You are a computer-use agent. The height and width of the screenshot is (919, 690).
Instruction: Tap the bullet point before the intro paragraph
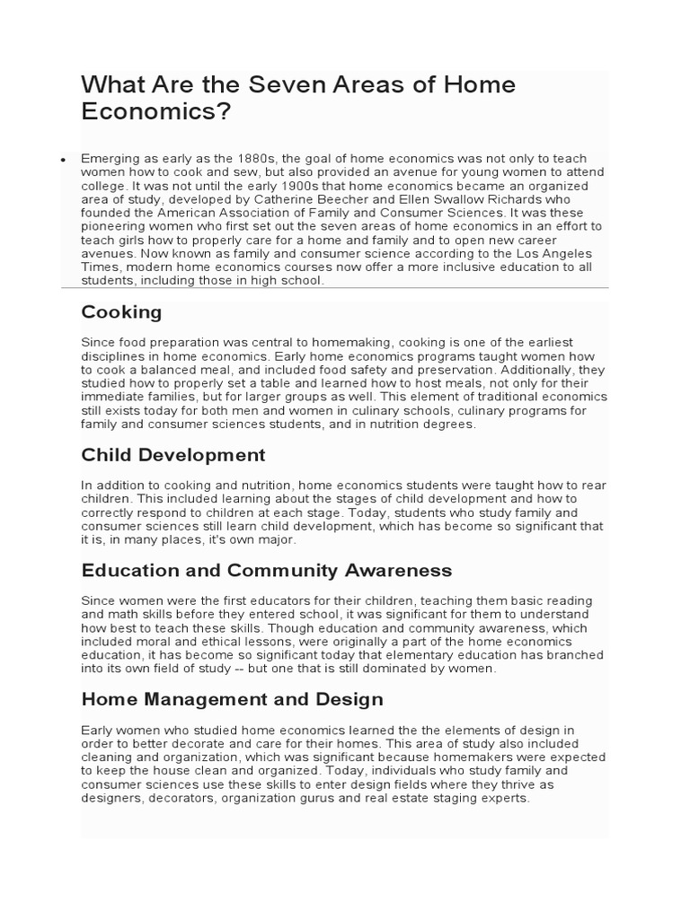coord(63,159)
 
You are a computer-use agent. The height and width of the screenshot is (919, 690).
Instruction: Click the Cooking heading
coord(121,312)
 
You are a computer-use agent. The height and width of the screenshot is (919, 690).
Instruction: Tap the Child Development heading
coord(173,455)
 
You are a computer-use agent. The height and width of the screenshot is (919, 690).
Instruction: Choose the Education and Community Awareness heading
coord(267,571)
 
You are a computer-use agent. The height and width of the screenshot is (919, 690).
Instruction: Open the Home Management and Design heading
coord(232,699)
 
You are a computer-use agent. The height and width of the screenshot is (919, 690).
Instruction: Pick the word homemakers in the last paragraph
coord(475,757)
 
